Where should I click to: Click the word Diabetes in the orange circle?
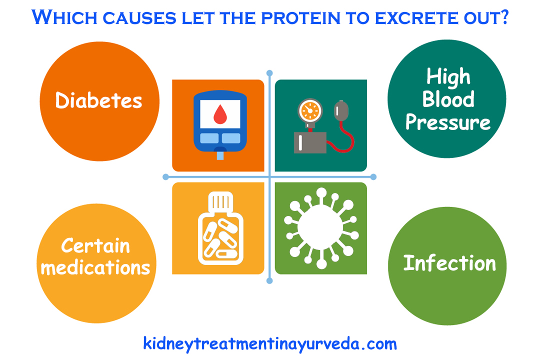pyautogui.click(x=98, y=100)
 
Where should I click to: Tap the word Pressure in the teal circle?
pyautogui.click(x=448, y=122)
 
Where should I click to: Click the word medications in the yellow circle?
pyautogui.click(x=95, y=267)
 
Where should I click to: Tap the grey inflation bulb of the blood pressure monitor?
pyautogui.click(x=339, y=108)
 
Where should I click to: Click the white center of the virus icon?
pyautogui.click(x=320, y=228)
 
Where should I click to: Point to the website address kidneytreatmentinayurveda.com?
pyautogui.click(x=270, y=343)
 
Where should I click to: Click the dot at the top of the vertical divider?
pyautogui.click(x=270, y=73)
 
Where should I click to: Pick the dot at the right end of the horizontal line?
pyautogui.click(x=373, y=177)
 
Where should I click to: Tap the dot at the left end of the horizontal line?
pyautogui.click(x=166, y=177)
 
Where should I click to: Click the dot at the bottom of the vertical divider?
pyautogui.click(x=270, y=280)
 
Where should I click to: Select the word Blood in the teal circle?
pyautogui.click(x=448, y=99)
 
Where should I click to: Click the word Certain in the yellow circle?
pyautogui.click(x=95, y=245)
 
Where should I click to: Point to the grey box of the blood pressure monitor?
pyautogui.click(x=310, y=142)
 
